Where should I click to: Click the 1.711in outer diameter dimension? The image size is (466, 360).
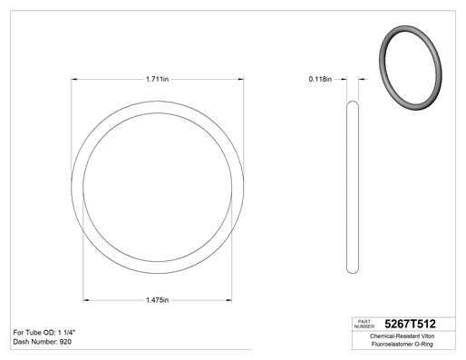157,79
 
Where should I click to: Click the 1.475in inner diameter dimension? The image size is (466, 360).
157,300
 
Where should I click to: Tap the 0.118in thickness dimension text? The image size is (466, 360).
320,79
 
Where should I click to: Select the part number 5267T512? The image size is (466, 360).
410,324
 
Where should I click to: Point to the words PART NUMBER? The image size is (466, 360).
364,324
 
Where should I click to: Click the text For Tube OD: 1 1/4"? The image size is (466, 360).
44,333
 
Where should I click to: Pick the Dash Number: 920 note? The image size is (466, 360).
43,342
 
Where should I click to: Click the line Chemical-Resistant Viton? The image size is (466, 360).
402,336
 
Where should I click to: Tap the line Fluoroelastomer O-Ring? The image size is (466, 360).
402,344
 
